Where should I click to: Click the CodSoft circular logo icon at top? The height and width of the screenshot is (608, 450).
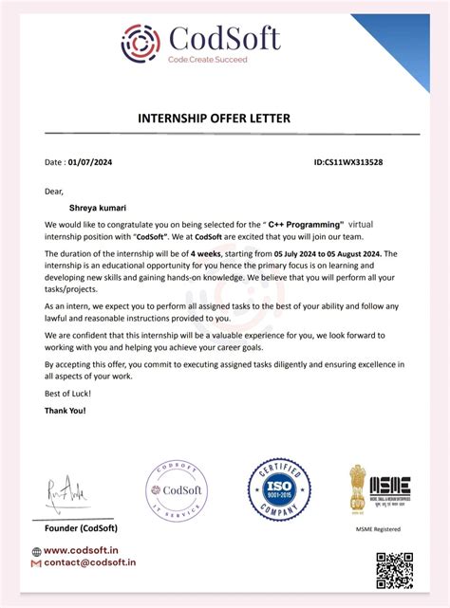141,42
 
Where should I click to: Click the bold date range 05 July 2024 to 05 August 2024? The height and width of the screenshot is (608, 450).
328,254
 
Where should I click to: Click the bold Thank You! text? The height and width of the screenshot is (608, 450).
66,411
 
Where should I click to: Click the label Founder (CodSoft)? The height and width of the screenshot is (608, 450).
83,526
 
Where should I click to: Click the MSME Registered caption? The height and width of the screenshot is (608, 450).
378,528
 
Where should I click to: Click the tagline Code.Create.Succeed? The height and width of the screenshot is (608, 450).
207,59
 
